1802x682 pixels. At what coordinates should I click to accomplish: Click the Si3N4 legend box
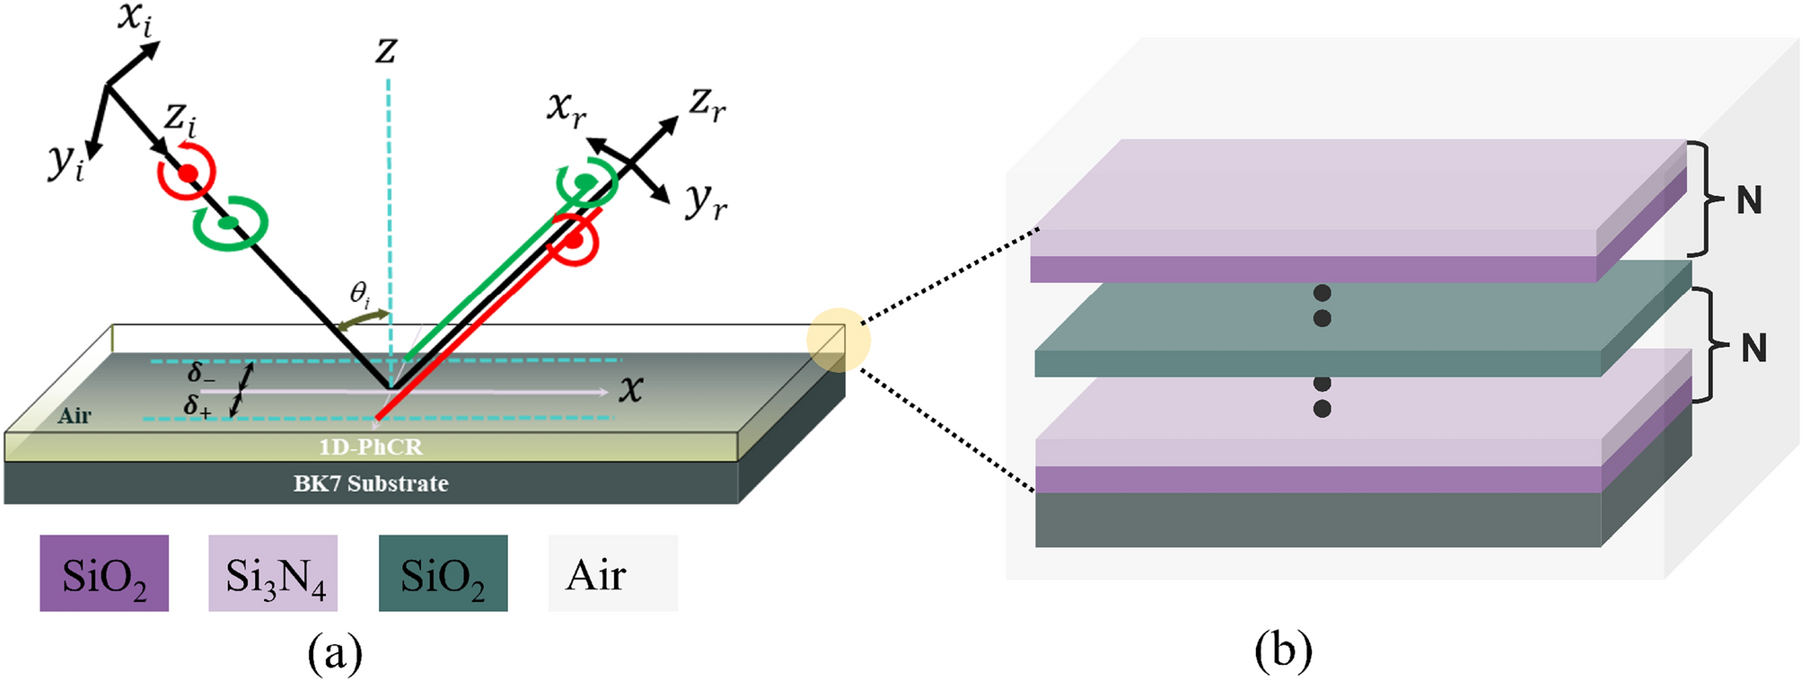point(273,573)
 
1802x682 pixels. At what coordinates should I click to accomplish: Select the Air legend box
point(612,573)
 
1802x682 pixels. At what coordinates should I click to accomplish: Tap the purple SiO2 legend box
point(104,573)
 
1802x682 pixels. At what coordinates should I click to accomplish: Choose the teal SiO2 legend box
point(443,573)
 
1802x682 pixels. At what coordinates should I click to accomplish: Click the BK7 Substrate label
point(371,483)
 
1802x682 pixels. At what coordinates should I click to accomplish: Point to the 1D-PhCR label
point(370,447)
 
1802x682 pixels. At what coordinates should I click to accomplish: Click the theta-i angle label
point(359,294)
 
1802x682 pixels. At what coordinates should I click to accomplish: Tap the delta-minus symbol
point(200,373)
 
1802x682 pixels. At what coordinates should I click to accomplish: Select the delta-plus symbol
point(198,406)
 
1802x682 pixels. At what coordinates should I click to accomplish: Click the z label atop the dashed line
point(386,50)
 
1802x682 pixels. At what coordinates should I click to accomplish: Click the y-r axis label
point(706,201)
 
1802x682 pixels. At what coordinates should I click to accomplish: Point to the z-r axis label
point(708,104)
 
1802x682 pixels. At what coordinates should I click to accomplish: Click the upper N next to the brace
point(1748,199)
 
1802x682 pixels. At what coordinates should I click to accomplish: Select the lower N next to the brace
point(1753,348)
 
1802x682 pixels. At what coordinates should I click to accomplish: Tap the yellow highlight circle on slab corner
point(838,341)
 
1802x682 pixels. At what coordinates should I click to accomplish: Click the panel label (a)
point(335,653)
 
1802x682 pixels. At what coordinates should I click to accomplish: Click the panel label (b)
point(1282,650)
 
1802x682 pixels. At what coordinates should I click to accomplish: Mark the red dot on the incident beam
point(187,173)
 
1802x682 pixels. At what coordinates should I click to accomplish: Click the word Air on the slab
point(75,415)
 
